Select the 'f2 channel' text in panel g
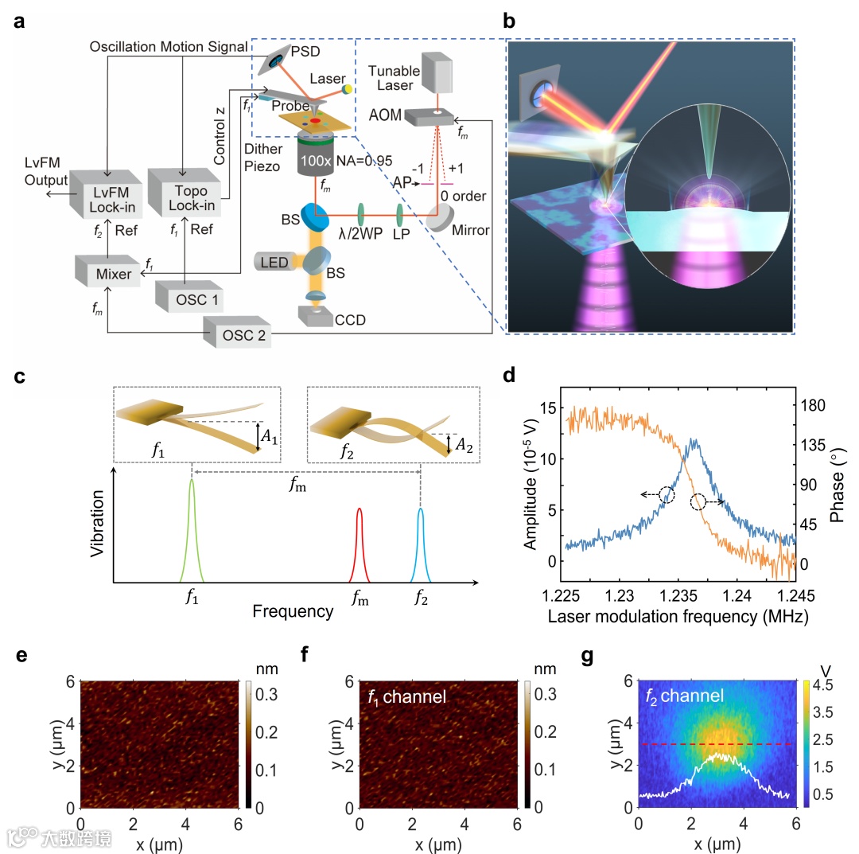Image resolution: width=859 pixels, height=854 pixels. [x=683, y=696]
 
